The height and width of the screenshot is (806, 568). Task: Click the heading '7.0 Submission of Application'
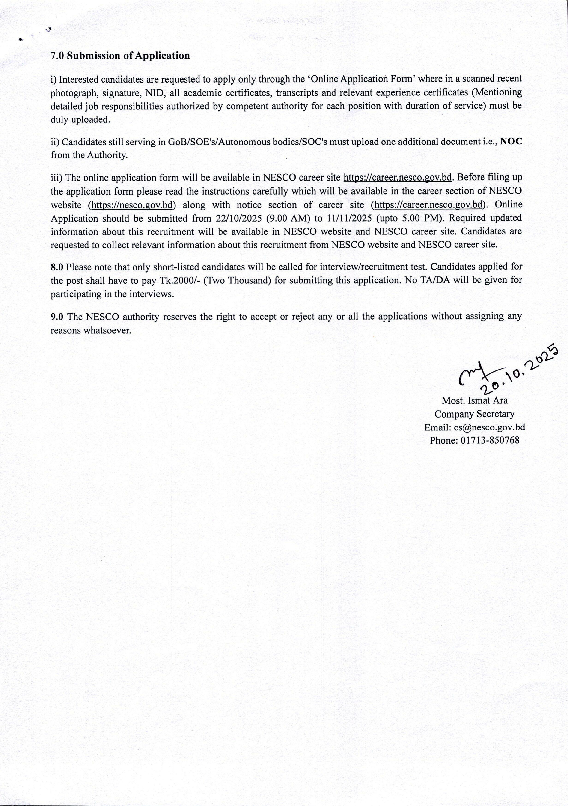tap(120, 56)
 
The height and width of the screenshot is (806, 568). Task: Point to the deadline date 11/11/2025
tap(349, 218)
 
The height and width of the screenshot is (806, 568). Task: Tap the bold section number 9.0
tap(57, 317)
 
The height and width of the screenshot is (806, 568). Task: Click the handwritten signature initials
tap(472, 375)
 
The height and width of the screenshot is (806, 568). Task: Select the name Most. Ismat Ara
tap(474, 400)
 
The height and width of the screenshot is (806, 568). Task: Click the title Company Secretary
tap(474, 414)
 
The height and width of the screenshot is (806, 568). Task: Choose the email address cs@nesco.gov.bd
tap(489, 428)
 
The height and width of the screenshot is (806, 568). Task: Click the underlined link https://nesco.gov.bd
tap(132, 205)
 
